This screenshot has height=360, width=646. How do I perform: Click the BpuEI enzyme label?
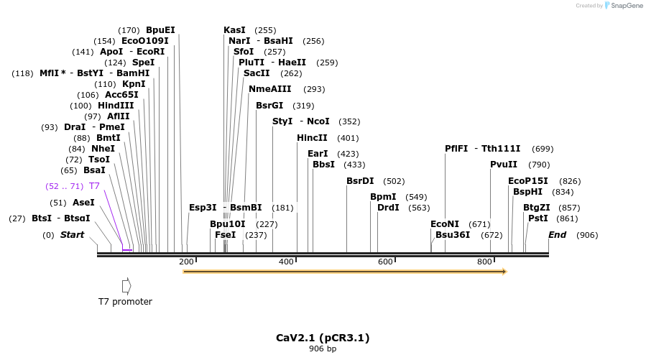pos(160,30)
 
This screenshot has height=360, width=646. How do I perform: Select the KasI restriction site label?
pos(234,30)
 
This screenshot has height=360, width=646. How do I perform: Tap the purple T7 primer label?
pos(94,186)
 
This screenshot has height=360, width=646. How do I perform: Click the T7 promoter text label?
pos(125,302)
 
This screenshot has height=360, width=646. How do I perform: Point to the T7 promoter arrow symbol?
pos(126,285)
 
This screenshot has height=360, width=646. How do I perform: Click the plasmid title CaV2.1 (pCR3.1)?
pos(323,338)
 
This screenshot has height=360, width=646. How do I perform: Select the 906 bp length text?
pos(323,349)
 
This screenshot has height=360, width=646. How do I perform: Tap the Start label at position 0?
pos(72,235)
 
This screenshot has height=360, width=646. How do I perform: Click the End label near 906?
pos(558,235)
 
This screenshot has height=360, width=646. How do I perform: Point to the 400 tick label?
pos(286,262)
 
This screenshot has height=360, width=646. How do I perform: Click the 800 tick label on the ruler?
pos(484,262)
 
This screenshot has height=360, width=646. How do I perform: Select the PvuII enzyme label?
pos(504,165)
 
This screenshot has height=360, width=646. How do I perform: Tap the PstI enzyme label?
pos(538,218)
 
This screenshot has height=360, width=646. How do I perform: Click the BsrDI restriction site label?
pos(360,181)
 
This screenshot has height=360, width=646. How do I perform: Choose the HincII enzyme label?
pos(312,138)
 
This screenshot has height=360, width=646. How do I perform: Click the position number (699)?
pos(543,149)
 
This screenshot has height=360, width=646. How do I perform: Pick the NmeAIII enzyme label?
pos(270,89)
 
